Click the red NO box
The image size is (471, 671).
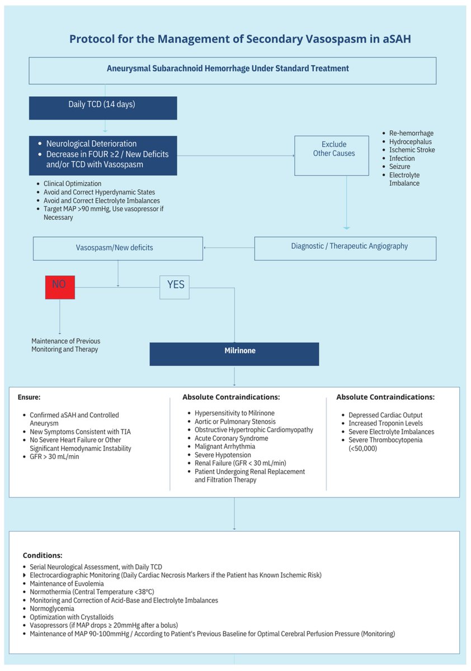(x=59, y=287)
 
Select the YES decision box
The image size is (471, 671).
(x=175, y=287)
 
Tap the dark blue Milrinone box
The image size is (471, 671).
(x=234, y=354)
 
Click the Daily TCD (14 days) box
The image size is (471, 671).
(x=103, y=108)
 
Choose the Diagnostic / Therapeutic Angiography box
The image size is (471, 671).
(x=345, y=248)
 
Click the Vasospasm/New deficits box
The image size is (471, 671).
(x=117, y=248)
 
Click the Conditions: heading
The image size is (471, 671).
(x=43, y=556)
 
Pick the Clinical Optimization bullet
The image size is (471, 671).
(x=73, y=183)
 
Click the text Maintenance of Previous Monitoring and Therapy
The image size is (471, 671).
(x=66, y=345)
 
